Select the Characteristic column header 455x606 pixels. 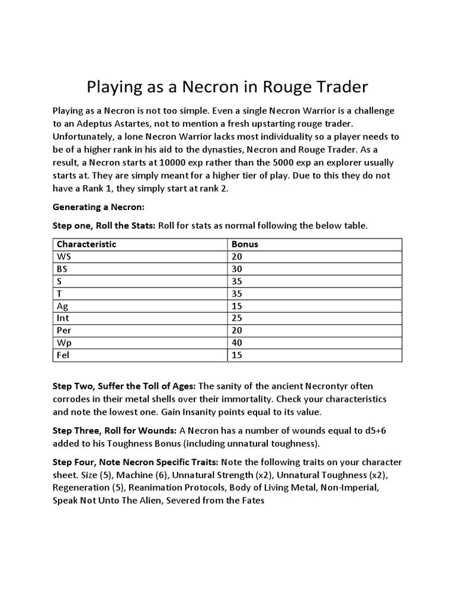pos(86,244)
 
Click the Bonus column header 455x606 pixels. pos(245,244)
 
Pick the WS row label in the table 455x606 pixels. pos(63,256)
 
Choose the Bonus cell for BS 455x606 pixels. pos(237,269)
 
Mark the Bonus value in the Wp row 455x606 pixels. pos(237,343)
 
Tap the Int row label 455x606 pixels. pos(63,318)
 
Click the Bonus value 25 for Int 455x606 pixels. pos(237,318)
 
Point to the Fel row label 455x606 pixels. pos(62,355)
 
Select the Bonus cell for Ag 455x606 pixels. pos(237,306)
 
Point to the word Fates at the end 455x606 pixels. pos(252,501)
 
